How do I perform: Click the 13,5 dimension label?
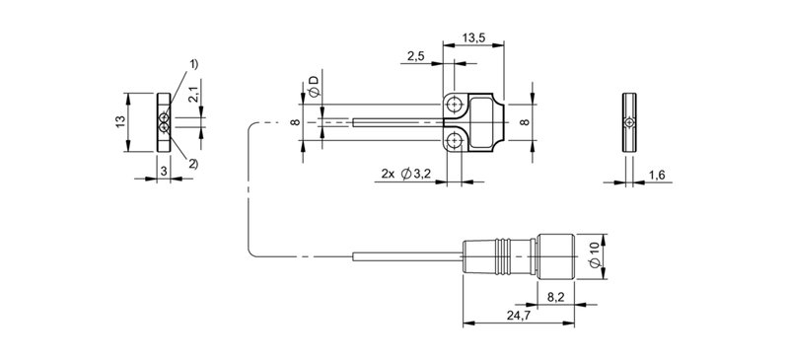coord(472,36)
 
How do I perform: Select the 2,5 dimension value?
coord(415,56)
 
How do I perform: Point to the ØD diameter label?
coord(314,86)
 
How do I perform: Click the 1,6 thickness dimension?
coord(657,175)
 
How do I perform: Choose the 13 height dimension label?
coord(120,122)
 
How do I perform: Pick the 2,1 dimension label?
coord(194,95)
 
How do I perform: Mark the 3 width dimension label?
coord(164,172)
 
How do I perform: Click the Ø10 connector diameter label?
coord(595,255)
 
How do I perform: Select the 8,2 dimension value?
coord(555,298)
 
